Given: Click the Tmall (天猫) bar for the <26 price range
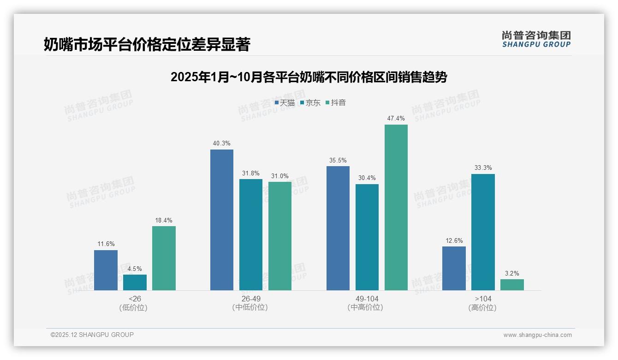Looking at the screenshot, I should (x=106, y=270).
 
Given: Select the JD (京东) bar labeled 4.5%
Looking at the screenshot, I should (x=135, y=282).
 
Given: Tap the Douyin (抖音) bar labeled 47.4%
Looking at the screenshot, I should (x=396, y=207).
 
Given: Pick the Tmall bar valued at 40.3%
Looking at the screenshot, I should (x=222, y=220).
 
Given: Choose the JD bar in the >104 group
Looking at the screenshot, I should (x=483, y=232).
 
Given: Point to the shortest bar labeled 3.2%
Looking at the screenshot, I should (x=512, y=285).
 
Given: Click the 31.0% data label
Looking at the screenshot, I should (x=280, y=176).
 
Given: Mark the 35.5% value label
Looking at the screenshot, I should (x=338, y=161).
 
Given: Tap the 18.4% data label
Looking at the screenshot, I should (x=164, y=221).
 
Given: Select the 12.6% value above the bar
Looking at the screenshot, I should (x=454, y=241).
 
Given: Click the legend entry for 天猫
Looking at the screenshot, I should (x=285, y=102).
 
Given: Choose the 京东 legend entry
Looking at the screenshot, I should (x=310, y=102).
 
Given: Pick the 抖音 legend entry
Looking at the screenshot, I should (x=336, y=102).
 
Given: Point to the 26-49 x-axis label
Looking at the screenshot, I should (x=251, y=299).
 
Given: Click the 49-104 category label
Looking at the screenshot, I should (x=367, y=299).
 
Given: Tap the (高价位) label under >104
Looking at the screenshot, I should (x=483, y=308).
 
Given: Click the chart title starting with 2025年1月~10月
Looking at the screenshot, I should (x=309, y=77).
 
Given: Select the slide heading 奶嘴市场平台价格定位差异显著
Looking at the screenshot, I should (x=147, y=45).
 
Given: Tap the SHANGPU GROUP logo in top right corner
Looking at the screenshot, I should (x=536, y=39).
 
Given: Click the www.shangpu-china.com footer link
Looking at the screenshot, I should (x=537, y=335).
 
